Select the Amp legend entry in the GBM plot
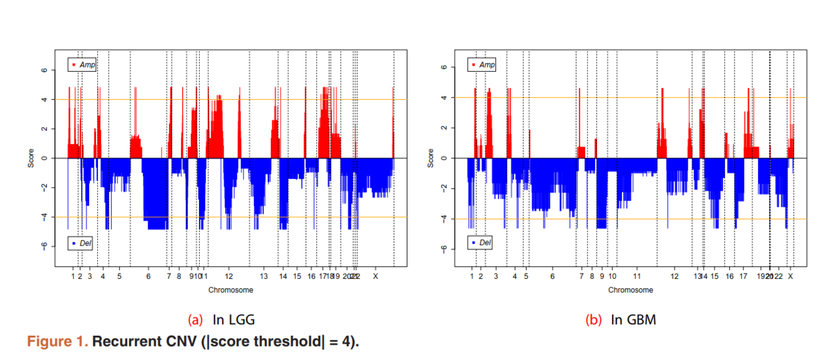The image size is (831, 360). (484, 64)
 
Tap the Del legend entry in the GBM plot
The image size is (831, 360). (482, 242)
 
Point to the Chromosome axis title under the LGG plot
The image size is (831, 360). (231, 290)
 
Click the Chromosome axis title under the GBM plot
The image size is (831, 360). (631, 290)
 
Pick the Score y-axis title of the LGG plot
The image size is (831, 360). (31, 158)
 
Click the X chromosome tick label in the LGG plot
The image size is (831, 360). (375, 276)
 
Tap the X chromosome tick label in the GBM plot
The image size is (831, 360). (791, 276)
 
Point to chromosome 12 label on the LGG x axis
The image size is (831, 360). (229, 276)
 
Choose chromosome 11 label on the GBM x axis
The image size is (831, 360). (637, 276)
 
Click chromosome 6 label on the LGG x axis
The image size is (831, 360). (148, 276)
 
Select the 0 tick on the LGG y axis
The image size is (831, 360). (44, 158)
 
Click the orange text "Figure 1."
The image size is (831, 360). (57, 341)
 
